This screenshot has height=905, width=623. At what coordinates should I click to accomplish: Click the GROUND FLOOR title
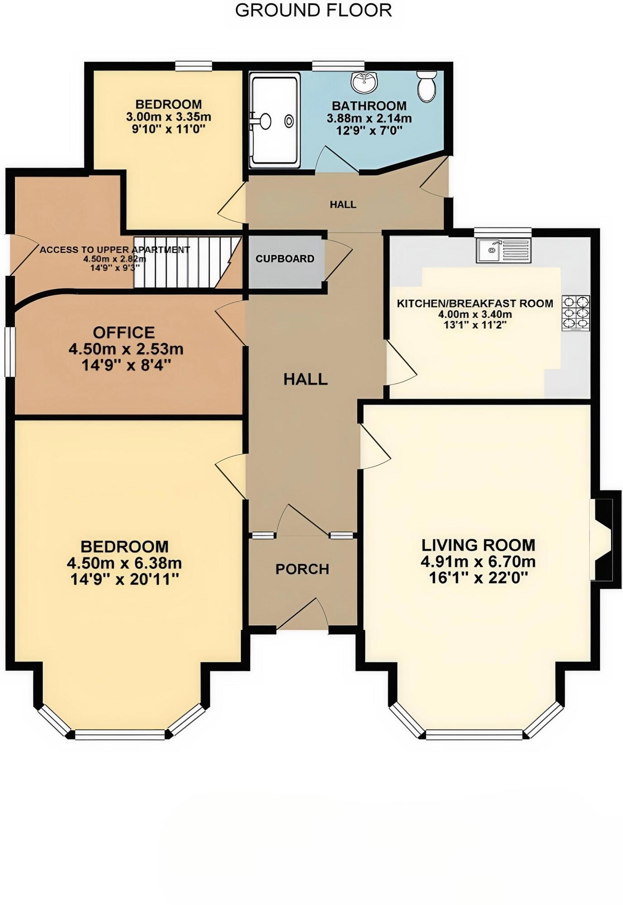click(313, 10)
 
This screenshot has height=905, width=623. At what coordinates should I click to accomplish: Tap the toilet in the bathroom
click(427, 86)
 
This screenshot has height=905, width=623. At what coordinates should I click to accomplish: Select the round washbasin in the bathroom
click(364, 82)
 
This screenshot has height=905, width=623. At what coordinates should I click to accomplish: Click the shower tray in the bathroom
click(275, 120)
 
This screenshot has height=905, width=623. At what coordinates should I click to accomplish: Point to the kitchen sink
click(504, 250)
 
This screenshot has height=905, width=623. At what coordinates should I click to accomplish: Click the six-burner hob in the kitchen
click(576, 313)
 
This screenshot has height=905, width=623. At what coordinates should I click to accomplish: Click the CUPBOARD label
click(285, 259)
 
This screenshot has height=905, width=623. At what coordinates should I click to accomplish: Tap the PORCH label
click(302, 569)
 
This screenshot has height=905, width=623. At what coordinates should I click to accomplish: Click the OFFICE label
click(124, 333)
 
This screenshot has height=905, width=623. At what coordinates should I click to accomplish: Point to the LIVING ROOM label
click(479, 545)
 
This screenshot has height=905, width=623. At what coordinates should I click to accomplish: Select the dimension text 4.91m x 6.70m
click(478, 562)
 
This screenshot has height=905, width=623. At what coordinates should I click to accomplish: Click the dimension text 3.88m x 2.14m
click(369, 119)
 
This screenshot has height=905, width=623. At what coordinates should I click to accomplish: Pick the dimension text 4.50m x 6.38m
click(124, 563)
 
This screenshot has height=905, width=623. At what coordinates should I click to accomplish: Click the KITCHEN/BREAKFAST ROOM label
click(475, 304)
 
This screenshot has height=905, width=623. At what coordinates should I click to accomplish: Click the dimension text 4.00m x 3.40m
click(475, 314)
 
